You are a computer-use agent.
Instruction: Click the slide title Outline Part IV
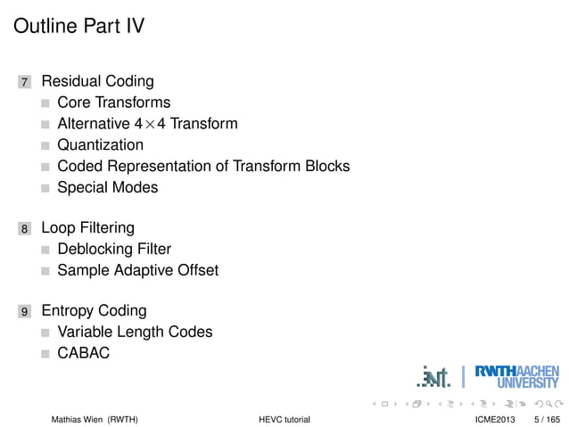point(79,27)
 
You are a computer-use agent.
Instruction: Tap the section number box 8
point(25,228)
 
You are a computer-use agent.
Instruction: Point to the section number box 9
point(25,312)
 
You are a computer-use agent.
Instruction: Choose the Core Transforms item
point(113,103)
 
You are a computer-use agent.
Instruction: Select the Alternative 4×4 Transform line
point(147,124)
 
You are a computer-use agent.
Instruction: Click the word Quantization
point(100,144)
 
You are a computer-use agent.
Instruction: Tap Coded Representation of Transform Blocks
point(203,166)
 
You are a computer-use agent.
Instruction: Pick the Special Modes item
point(107,187)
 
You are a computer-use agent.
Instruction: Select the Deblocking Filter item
point(114,249)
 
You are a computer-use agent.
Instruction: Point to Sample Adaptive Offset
point(137,269)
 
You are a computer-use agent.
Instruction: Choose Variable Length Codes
point(135,332)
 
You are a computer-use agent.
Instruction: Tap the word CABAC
point(83,353)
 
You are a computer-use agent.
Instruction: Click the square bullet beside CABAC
point(45,354)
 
